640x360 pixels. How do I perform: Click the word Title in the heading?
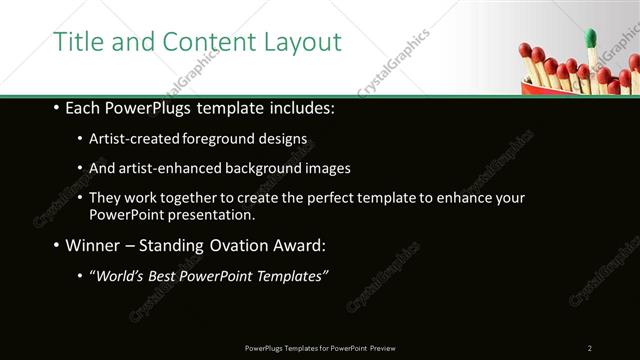(x=75, y=42)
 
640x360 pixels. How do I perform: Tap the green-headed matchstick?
(x=590, y=39)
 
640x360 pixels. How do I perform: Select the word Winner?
(x=96, y=244)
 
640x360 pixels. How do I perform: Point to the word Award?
(x=299, y=244)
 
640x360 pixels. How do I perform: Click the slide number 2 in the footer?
(x=590, y=348)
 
